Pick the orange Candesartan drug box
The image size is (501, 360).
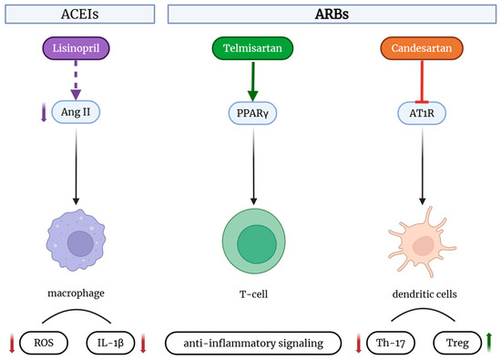(x=422, y=46)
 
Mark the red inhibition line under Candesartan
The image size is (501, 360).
(x=422, y=80)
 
